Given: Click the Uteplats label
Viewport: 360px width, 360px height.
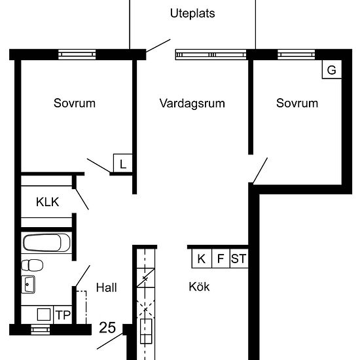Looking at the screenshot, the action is (x=192, y=13).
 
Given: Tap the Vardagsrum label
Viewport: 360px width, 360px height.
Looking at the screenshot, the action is (x=192, y=103).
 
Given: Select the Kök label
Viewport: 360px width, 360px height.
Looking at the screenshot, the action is (x=199, y=287).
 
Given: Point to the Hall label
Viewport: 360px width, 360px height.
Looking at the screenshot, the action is (x=107, y=287).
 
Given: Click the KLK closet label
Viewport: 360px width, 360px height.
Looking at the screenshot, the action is (x=48, y=202).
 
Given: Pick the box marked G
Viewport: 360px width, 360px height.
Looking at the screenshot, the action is (x=332, y=69).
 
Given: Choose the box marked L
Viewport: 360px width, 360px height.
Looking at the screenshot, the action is (x=123, y=163).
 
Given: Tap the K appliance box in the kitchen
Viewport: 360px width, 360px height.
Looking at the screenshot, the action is (x=202, y=259).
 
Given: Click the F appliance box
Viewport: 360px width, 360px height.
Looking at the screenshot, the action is (x=221, y=259).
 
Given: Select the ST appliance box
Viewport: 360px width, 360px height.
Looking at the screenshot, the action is (x=239, y=259).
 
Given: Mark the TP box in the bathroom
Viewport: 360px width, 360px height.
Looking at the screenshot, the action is (x=63, y=315).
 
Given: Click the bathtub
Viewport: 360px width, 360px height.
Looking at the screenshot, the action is (x=46, y=243).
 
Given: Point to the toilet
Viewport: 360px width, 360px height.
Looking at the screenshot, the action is (x=32, y=265).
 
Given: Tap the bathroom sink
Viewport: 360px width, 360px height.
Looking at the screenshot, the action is (x=28, y=285).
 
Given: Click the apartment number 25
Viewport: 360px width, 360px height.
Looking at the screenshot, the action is (x=107, y=327).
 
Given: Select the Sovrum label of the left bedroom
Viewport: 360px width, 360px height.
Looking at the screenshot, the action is (x=75, y=103).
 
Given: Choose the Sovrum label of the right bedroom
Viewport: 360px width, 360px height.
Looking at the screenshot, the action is (x=297, y=103).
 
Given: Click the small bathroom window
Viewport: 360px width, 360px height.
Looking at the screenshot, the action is (x=41, y=330).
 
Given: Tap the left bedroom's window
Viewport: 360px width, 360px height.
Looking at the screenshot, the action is (x=77, y=54).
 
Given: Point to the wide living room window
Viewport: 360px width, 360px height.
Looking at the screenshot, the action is (x=211, y=54).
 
